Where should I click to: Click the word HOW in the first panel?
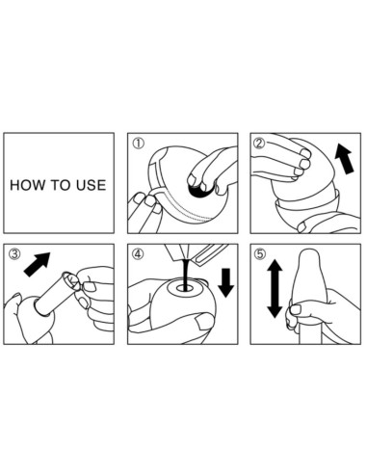tap(26, 185)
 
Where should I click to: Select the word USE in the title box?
tap(92, 185)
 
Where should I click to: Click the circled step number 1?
tap(139, 144)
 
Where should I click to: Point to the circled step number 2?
tap(260, 144)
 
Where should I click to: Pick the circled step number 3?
tap(14, 254)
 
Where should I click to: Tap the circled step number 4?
tap(139, 254)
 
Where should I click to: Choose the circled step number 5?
tap(260, 254)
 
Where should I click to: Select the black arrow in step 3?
tap(38, 264)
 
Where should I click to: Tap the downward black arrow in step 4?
tap(226, 282)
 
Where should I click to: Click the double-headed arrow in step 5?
tap(275, 289)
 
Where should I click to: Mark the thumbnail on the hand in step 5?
tap(295, 310)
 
